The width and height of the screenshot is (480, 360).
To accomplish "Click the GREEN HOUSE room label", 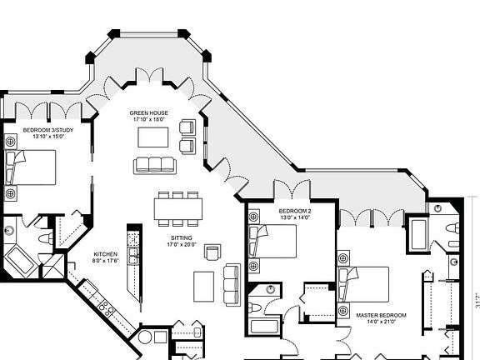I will [x=150, y=112].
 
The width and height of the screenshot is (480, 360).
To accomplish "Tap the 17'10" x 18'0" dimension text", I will [x=150, y=119].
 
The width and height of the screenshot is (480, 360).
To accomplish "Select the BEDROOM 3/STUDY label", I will [x=44, y=130].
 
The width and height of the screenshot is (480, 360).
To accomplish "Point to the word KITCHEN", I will [x=105, y=253].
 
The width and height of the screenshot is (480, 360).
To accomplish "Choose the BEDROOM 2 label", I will [x=294, y=211].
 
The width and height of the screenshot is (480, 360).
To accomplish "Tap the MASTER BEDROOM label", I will [x=381, y=315].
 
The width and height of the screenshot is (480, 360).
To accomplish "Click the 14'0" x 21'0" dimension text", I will [x=381, y=322].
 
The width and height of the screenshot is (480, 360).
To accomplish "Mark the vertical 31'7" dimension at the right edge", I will [x=477, y=300].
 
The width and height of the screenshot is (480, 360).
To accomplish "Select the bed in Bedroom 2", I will [x=276, y=242].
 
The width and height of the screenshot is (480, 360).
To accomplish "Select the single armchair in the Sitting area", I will [x=213, y=252].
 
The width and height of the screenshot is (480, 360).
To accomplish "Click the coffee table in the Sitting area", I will [x=204, y=286].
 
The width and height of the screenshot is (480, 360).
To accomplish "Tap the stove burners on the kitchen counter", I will [x=105, y=307].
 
